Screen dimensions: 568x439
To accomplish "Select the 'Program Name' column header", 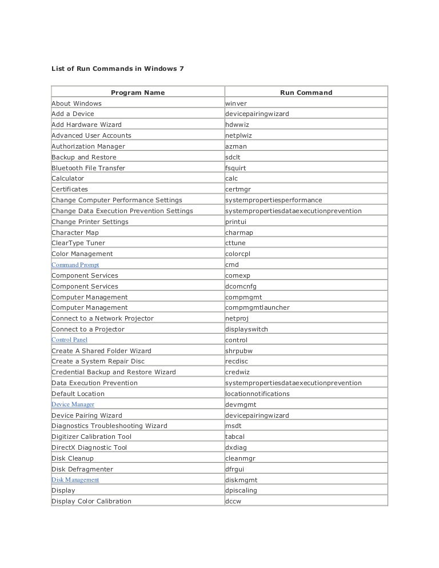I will [137, 93].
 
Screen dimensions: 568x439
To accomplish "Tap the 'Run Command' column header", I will [306, 93].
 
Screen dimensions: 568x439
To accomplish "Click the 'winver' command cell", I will [236, 103].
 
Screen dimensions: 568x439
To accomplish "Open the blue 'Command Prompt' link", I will [75, 265].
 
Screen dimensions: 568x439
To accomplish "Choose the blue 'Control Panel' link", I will [69, 340].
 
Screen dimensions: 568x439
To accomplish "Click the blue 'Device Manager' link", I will [73, 405].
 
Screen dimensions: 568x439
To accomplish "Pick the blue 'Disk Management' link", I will [75, 480].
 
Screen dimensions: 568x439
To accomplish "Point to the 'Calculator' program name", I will [67, 178].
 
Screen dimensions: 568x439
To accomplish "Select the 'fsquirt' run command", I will [236, 168].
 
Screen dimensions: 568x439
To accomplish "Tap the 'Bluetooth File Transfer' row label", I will [88, 168].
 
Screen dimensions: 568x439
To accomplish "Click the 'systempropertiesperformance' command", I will [274, 200].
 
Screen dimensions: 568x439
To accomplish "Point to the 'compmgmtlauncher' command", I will [257, 307].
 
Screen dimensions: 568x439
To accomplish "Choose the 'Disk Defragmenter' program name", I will [82, 469].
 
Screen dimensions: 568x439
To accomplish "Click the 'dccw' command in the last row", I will [233, 501].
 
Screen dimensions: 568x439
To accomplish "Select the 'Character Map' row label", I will [75, 233].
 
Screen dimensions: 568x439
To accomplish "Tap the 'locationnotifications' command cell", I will [257, 394].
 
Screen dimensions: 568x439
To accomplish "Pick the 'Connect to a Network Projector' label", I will [102, 318].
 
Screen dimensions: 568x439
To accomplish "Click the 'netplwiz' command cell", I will [238, 135].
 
